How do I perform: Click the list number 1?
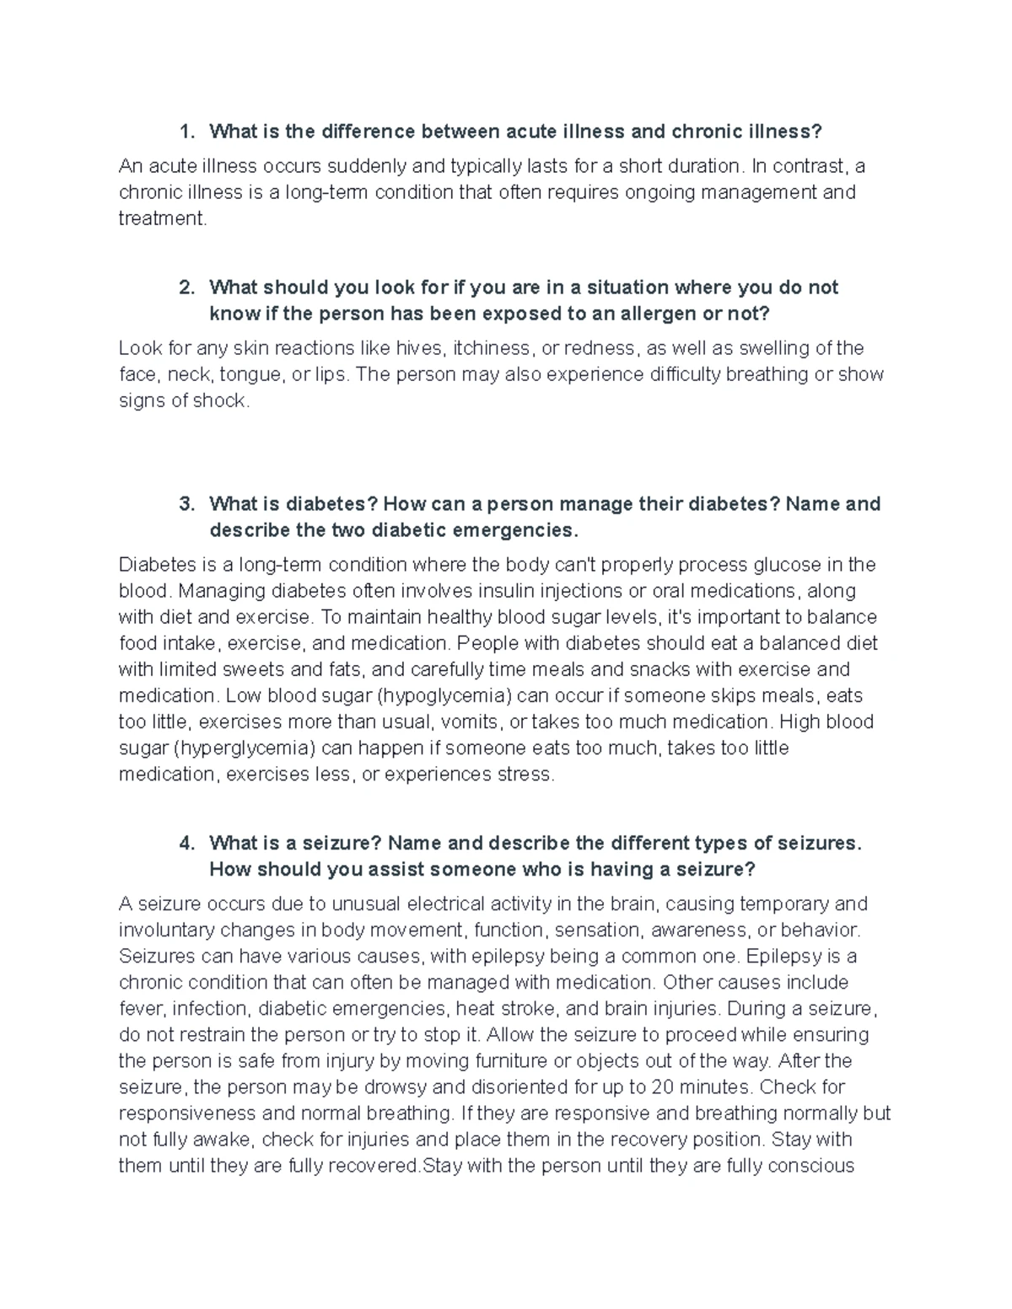(x=186, y=131)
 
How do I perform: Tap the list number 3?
(x=186, y=504)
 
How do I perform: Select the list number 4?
(x=186, y=843)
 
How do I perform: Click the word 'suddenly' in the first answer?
(x=347, y=166)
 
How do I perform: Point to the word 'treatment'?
(x=161, y=218)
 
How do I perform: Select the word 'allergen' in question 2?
(x=627, y=314)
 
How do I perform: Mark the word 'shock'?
(x=222, y=400)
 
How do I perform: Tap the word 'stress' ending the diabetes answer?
(x=527, y=774)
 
